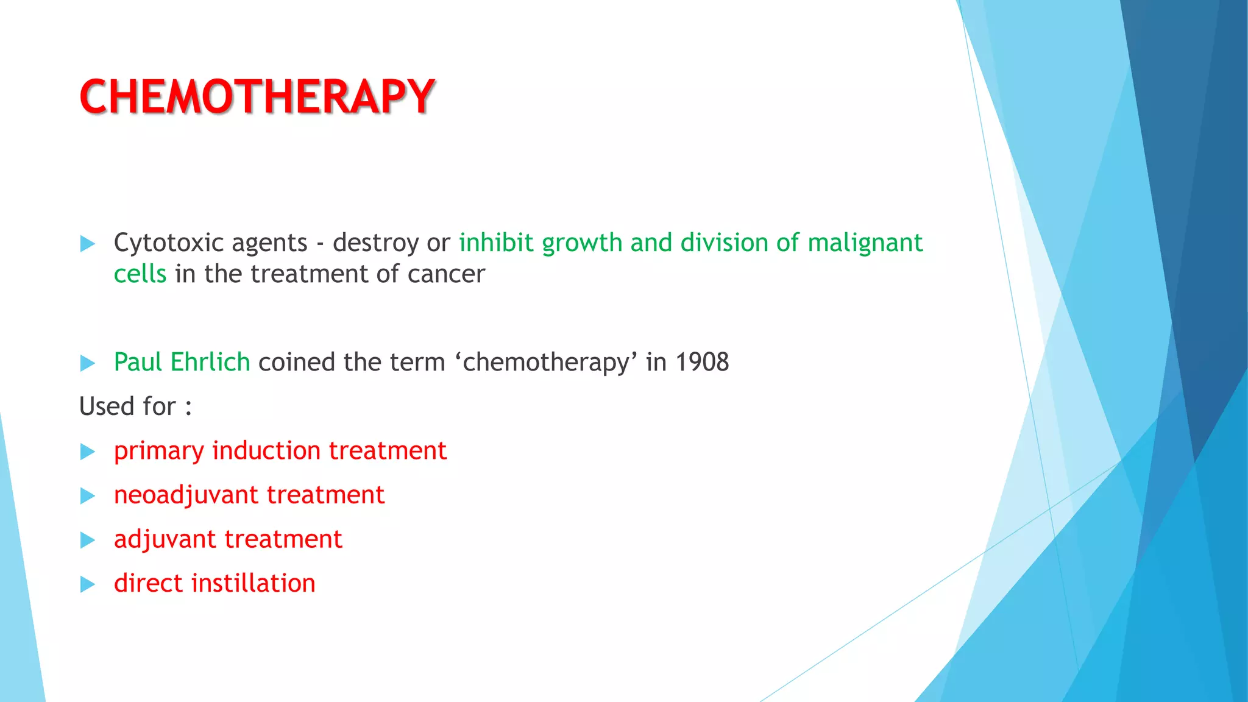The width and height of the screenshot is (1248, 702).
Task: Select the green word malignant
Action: (x=865, y=243)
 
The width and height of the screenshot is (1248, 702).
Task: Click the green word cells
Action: (x=140, y=274)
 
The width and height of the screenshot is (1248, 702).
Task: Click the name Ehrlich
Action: (x=210, y=362)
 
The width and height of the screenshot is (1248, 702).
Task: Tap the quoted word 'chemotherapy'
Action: (x=545, y=362)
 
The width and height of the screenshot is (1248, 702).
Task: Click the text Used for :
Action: (x=135, y=406)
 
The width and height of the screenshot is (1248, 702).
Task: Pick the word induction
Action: (x=266, y=451)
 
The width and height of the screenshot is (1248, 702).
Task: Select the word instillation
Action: (x=253, y=583)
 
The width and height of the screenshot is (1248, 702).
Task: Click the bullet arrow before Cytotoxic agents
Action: (x=88, y=244)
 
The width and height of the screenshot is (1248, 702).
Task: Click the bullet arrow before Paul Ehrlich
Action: (x=88, y=364)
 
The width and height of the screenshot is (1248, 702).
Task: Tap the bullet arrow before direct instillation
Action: (x=88, y=585)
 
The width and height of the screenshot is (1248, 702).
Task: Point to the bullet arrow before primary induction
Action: (x=88, y=452)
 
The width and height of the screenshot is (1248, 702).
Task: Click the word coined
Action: (x=297, y=362)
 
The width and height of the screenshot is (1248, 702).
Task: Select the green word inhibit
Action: (x=496, y=243)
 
